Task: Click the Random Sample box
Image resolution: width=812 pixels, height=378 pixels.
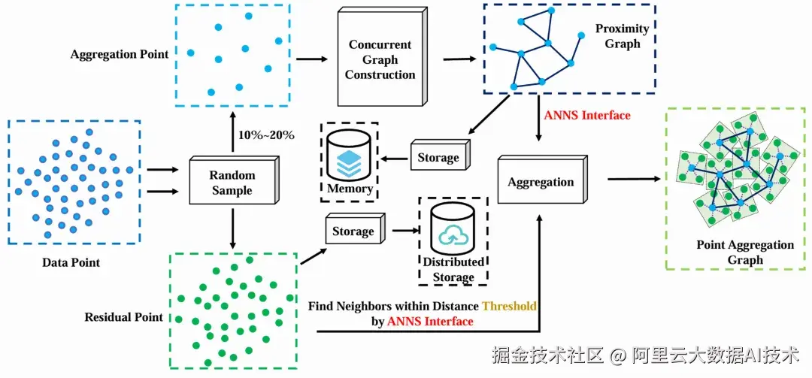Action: coord(232,183)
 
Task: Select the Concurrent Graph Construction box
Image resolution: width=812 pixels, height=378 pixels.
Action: coord(380,60)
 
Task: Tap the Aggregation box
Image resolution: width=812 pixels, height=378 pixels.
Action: coord(540,183)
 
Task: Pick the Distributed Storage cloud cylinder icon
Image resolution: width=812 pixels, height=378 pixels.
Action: coord(453,230)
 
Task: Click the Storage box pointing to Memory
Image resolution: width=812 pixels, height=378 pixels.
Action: coord(438,158)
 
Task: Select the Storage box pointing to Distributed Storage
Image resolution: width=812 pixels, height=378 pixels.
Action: coord(353,231)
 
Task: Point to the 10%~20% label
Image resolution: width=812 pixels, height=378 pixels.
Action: coord(266,135)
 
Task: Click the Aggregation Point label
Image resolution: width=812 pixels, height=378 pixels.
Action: coord(120,55)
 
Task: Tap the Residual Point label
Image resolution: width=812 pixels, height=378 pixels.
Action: coord(123,317)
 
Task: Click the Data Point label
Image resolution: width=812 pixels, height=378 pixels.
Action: coord(71,262)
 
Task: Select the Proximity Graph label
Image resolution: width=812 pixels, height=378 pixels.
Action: coord(622,36)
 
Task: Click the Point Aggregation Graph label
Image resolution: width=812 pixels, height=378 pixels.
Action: coord(744,253)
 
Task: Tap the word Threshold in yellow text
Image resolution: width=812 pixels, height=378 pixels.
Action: coord(509,307)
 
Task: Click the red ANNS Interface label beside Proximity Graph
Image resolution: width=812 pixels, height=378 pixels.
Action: coord(586,115)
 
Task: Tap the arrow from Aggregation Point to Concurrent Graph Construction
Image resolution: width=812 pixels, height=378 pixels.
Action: coord(312,58)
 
